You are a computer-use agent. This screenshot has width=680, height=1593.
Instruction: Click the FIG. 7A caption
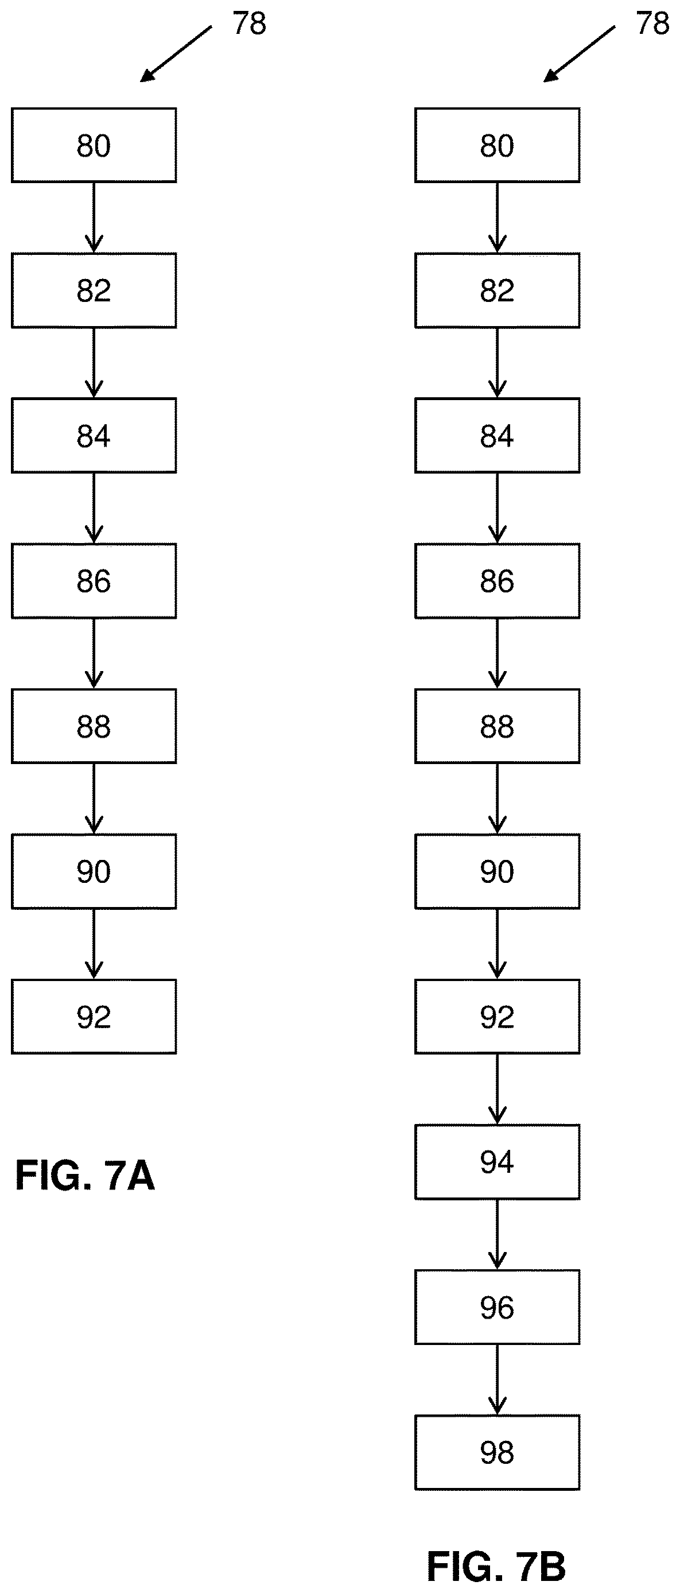tap(85, 1176)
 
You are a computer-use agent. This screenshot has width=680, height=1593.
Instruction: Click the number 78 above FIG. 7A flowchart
tap(249, 24)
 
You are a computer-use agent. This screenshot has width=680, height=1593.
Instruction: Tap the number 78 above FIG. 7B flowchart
tap(653, 24)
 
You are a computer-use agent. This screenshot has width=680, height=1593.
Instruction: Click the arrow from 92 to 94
tap(497, 1089)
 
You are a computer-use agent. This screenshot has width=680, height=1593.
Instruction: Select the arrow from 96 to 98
tap(497, 1379)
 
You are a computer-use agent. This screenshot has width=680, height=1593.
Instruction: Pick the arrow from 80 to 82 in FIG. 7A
tap(94, 218)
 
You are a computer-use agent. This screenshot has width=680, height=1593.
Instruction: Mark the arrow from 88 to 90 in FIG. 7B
tap(497, 799)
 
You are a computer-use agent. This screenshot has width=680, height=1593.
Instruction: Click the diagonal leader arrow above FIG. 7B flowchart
tap(579, 54)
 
